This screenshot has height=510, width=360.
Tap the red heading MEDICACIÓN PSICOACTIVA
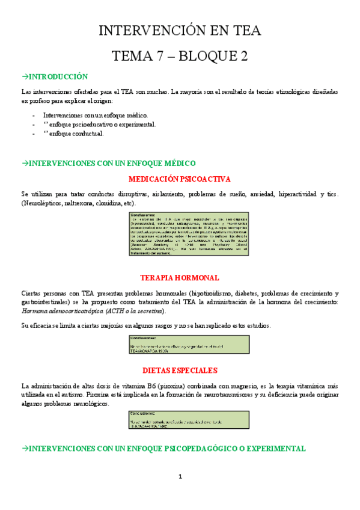pyautogui.click(x=180, y=179)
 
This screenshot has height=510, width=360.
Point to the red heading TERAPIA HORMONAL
pyautogui.click(x=180, y=278)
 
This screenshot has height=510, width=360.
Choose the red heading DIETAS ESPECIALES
pyautogui.click(x=180, y=370)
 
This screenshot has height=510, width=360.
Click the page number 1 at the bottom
pyautogui.click(x=180, y=477)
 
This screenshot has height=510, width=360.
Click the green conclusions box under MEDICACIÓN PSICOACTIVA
pyautogui.click(x=180, y=234)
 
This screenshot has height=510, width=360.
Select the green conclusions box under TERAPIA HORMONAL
pyautogui.click(x=180, y=345)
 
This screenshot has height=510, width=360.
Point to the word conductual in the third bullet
pyautogui.click(x=88, y=134)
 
